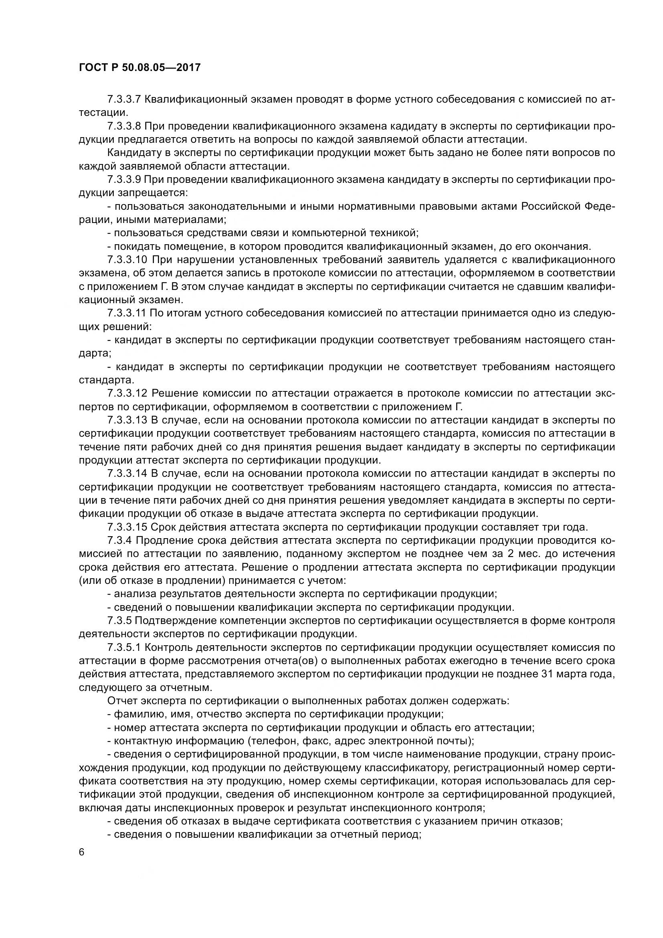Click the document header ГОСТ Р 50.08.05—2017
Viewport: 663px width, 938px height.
click(139, 67)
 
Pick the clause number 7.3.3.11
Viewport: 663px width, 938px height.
click(127, 313)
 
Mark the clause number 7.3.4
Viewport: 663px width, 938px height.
click(119, 541)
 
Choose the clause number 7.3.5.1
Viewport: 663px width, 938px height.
click(124, 647)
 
